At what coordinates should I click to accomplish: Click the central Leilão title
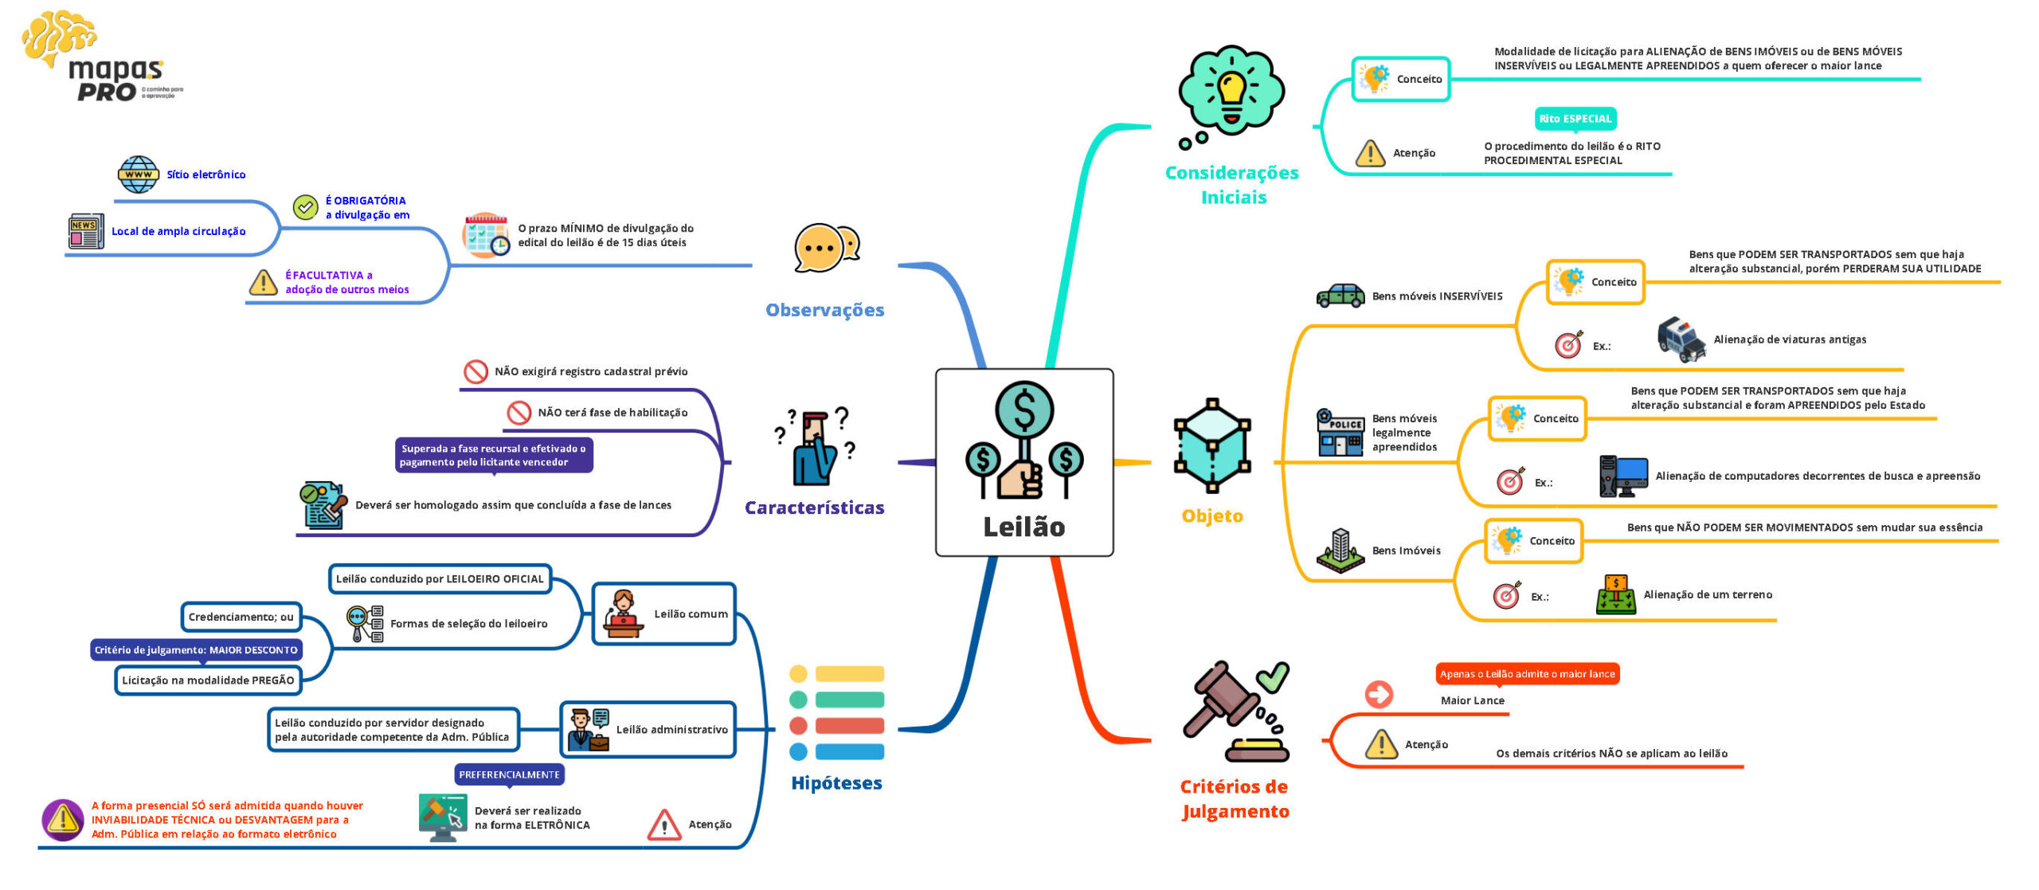[x=1023, y=527]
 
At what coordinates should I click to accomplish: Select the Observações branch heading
[x=824, y=310]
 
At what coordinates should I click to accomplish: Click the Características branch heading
[x=814, y=508]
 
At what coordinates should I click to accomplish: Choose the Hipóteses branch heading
[x=836, y=783]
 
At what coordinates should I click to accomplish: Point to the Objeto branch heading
[x=1211, y=516]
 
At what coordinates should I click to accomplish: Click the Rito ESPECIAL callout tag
[x=1575, y=119]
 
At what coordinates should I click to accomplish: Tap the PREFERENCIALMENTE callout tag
[x=509, y=774]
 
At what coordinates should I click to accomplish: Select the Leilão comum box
[x=663, y=614]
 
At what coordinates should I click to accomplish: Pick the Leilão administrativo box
[x=648, y=729]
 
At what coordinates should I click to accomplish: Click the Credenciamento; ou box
[x=241, y=617]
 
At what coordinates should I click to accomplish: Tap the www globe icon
[x=138, y=174]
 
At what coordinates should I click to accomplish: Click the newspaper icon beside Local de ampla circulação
[x=85, y=231]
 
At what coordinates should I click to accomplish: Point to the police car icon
[x=1681, y=339]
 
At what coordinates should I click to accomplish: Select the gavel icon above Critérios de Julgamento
[x=1235, y=709]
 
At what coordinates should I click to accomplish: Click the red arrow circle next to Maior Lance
[x=1379, y=694]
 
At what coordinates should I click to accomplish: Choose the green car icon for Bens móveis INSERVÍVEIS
[x=1340, y=296]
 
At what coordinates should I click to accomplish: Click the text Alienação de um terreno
[x=1708, y=594]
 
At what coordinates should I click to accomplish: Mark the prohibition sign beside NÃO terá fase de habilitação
[x=519, y=413]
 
